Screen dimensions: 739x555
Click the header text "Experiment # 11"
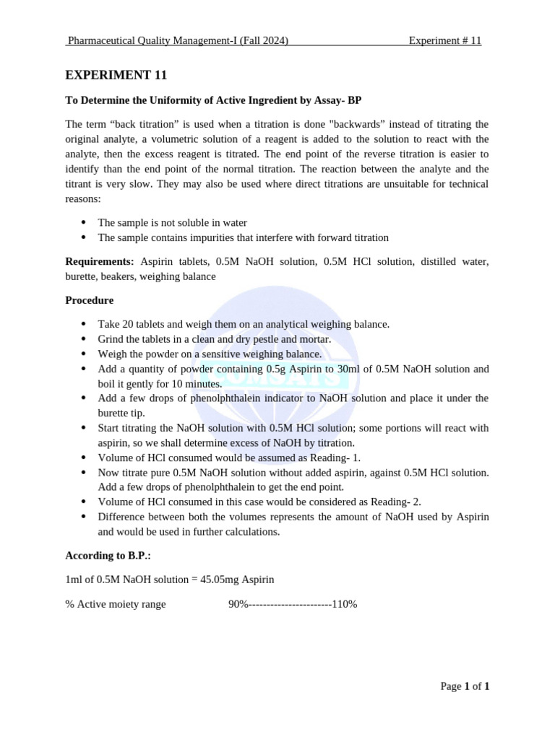pyautogui.click(x=444, y=41)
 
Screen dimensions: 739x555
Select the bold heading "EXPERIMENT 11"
pyautogui.click(x=116, y=75)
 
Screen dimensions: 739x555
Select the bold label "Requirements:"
pyautogui.click(x=100, y=261)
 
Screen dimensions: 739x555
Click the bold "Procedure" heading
pyautogui.click(x=89, y=300)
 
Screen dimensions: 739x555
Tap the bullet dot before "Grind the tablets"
pyautogui.click(x=84, y=339)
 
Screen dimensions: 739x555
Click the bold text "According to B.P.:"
pyautogui.click(x=108, y=556)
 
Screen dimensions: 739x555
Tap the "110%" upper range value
pyautogui.click(x=344, y=604)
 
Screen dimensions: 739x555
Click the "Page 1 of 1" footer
pyautogui.click(x=465, y=686)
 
